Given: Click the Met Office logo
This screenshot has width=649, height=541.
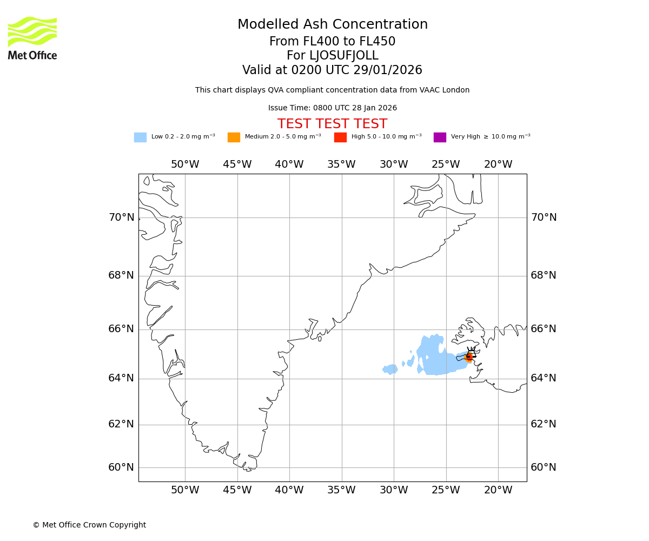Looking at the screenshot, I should click(32, 38).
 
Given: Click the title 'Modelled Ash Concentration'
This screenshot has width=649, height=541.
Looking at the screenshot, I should click(332, 25).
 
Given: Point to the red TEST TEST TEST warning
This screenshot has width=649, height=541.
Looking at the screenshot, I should click(332, 124).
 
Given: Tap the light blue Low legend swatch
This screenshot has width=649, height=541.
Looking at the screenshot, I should click(140, 137).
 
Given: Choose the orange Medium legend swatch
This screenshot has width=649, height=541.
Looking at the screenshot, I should click(234, 137).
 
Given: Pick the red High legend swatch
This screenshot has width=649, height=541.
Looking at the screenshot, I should click(340, 137).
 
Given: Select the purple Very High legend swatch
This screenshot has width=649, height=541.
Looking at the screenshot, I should click(440, 137).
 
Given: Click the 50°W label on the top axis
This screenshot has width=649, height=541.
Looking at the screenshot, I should click(185, 164).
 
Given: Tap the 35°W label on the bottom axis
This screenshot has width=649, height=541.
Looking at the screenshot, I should click(341, 490).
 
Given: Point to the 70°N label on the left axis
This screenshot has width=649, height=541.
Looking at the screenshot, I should click(121, 217).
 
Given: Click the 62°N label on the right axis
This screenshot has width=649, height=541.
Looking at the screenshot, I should click(544, 424).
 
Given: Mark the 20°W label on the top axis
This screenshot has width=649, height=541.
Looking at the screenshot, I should click(498, 164).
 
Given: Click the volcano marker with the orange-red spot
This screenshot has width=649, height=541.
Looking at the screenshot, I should click(469, 357).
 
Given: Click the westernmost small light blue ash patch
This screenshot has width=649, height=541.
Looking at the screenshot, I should click(390, 370).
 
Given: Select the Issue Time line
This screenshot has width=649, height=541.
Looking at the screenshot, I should click(332, 108).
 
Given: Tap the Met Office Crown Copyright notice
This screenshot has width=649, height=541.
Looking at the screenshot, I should click(89, 525).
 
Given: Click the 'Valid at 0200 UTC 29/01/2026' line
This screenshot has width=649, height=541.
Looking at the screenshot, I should click(332, 70).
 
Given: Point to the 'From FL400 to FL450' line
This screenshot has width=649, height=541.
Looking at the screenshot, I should click(332, 42).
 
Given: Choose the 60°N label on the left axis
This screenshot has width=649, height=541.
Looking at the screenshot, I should click(121, 467).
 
